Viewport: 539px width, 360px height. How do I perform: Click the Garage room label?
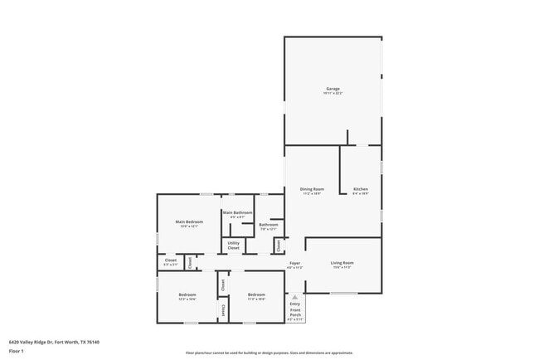333,89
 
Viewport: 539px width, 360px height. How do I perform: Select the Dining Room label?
312,189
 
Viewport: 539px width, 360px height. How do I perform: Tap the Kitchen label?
360,189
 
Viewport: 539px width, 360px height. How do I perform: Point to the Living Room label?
342,263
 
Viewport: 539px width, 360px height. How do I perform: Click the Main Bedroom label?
189,221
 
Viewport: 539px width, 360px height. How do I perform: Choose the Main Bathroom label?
237,212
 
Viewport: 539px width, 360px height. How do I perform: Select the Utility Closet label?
234,246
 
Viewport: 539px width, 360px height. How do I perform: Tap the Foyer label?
294,263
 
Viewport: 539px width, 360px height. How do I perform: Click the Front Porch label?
295,313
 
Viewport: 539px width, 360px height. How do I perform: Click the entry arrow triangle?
295,296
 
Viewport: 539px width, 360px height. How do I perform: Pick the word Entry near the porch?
295,304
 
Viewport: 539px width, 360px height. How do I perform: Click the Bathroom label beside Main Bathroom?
268,225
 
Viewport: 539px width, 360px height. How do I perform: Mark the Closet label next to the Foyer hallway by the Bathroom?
279,246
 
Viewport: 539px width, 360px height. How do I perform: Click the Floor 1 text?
16,350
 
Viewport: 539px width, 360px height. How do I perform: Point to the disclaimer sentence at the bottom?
269,353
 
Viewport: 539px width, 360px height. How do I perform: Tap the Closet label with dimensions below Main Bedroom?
171,260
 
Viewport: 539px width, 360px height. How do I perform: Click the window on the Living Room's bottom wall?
343,293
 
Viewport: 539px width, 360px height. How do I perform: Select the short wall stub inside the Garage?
347,137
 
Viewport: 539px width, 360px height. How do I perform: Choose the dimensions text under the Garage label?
333,94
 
